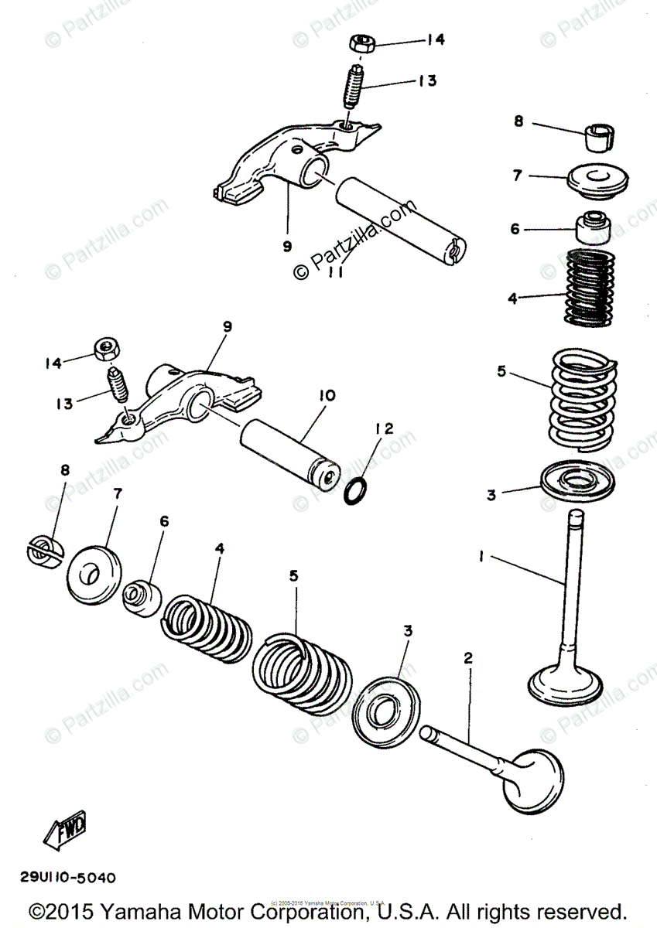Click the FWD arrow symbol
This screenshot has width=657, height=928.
click(65, 829)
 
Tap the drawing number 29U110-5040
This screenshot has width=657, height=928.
click(68, 878)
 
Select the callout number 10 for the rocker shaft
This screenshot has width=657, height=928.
click(327, 396)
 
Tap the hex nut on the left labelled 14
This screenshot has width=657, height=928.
click(104, 350)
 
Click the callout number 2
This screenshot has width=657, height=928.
click(467, 658)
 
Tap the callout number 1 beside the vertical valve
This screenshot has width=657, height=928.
click(481, 555)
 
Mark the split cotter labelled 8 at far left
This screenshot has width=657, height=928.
click(45, 551)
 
